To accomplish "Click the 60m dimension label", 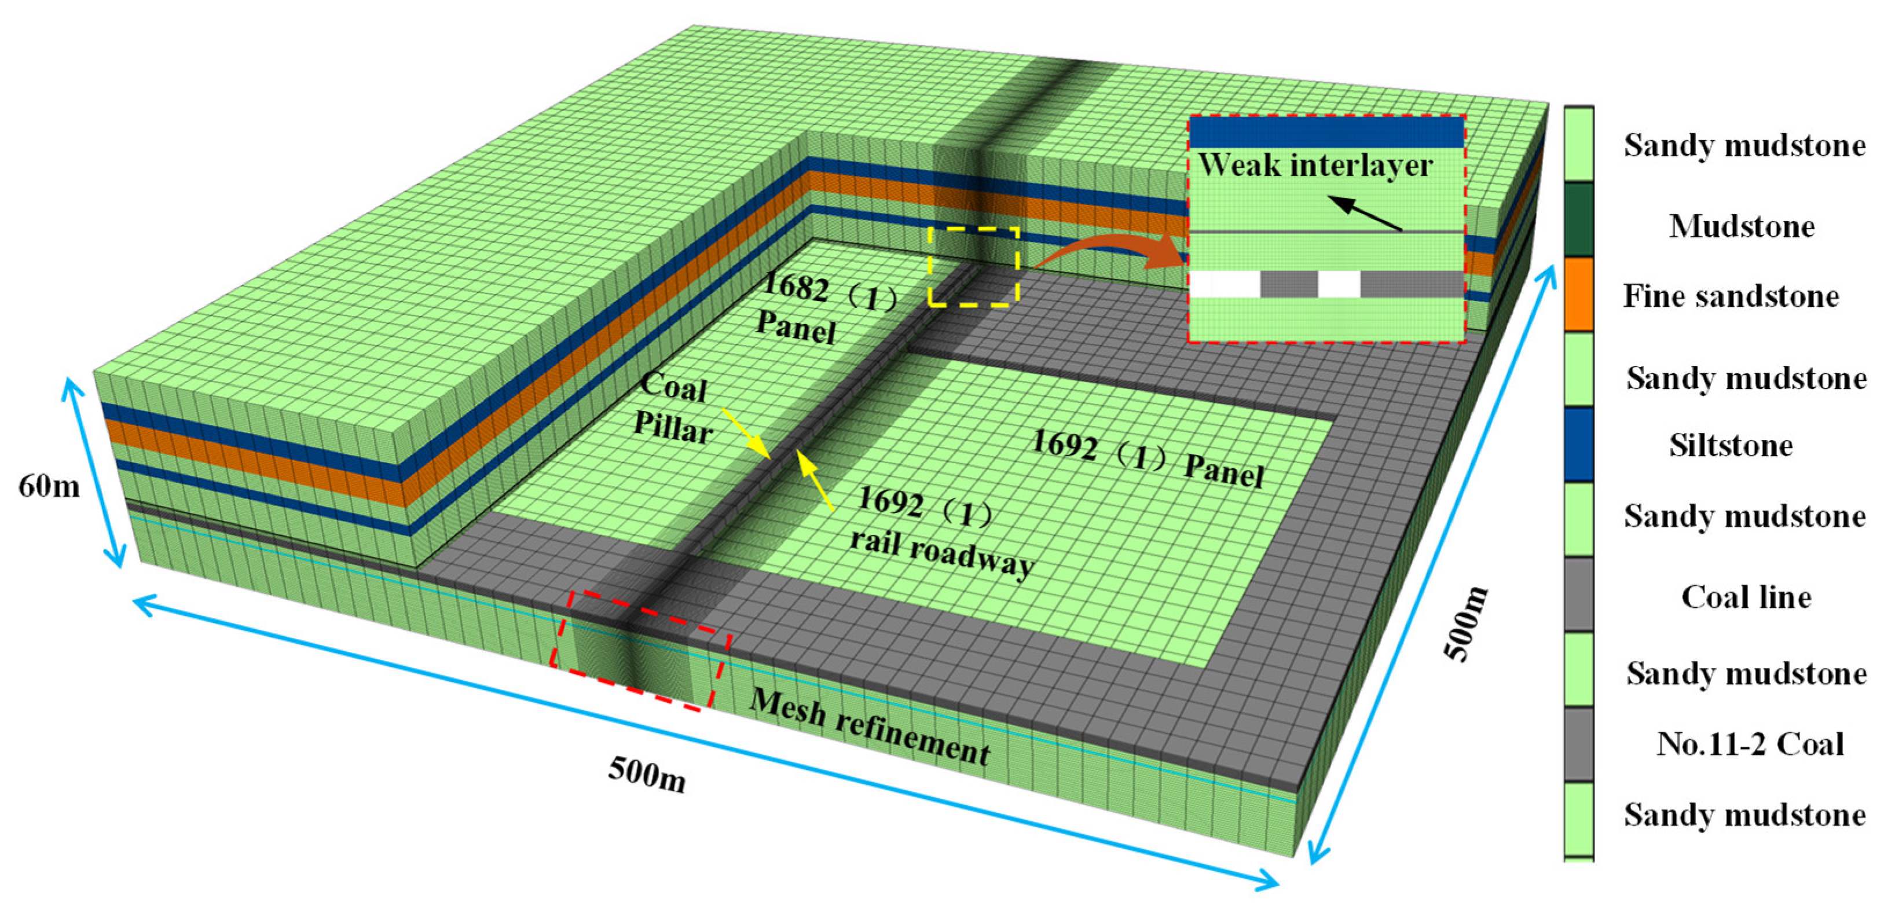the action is [x=49, y=486].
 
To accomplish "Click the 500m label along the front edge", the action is [x=647, y=773].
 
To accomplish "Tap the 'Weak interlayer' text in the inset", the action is [x=1315, y=165].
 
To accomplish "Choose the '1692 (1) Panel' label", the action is [x=1148, y=459].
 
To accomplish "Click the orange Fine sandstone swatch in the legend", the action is [x=1578, y=294].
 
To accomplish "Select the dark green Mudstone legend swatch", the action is [x=1578, y=219].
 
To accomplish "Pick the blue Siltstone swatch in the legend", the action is [x=1578, y=444].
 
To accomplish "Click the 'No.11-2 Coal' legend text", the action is [x=1750, y=744].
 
